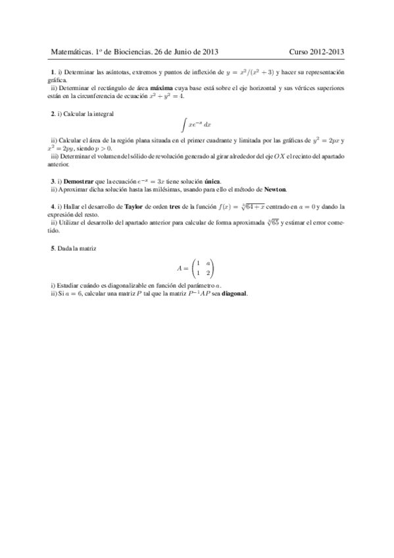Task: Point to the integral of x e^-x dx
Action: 197,124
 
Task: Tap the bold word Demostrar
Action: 78,181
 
